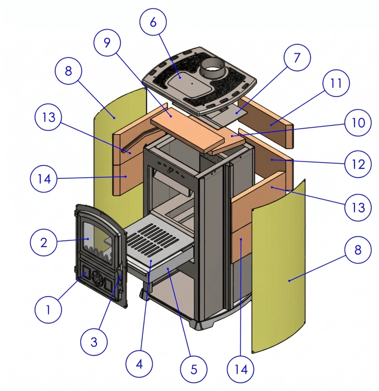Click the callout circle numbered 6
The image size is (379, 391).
tap(153, 22)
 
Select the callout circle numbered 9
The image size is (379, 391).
tap(107, 43)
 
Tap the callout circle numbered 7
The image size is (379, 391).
tap(297, 57)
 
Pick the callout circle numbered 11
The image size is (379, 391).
tap(336, 83)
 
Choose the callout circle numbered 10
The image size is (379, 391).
tap(358, 123)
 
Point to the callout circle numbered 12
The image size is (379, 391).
tap(358, 164)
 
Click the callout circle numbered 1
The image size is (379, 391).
tap(48, 310)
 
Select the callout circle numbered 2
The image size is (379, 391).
tap(43, 242)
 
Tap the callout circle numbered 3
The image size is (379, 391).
tap(94, 342)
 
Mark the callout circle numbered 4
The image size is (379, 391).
tap(139, 364)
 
